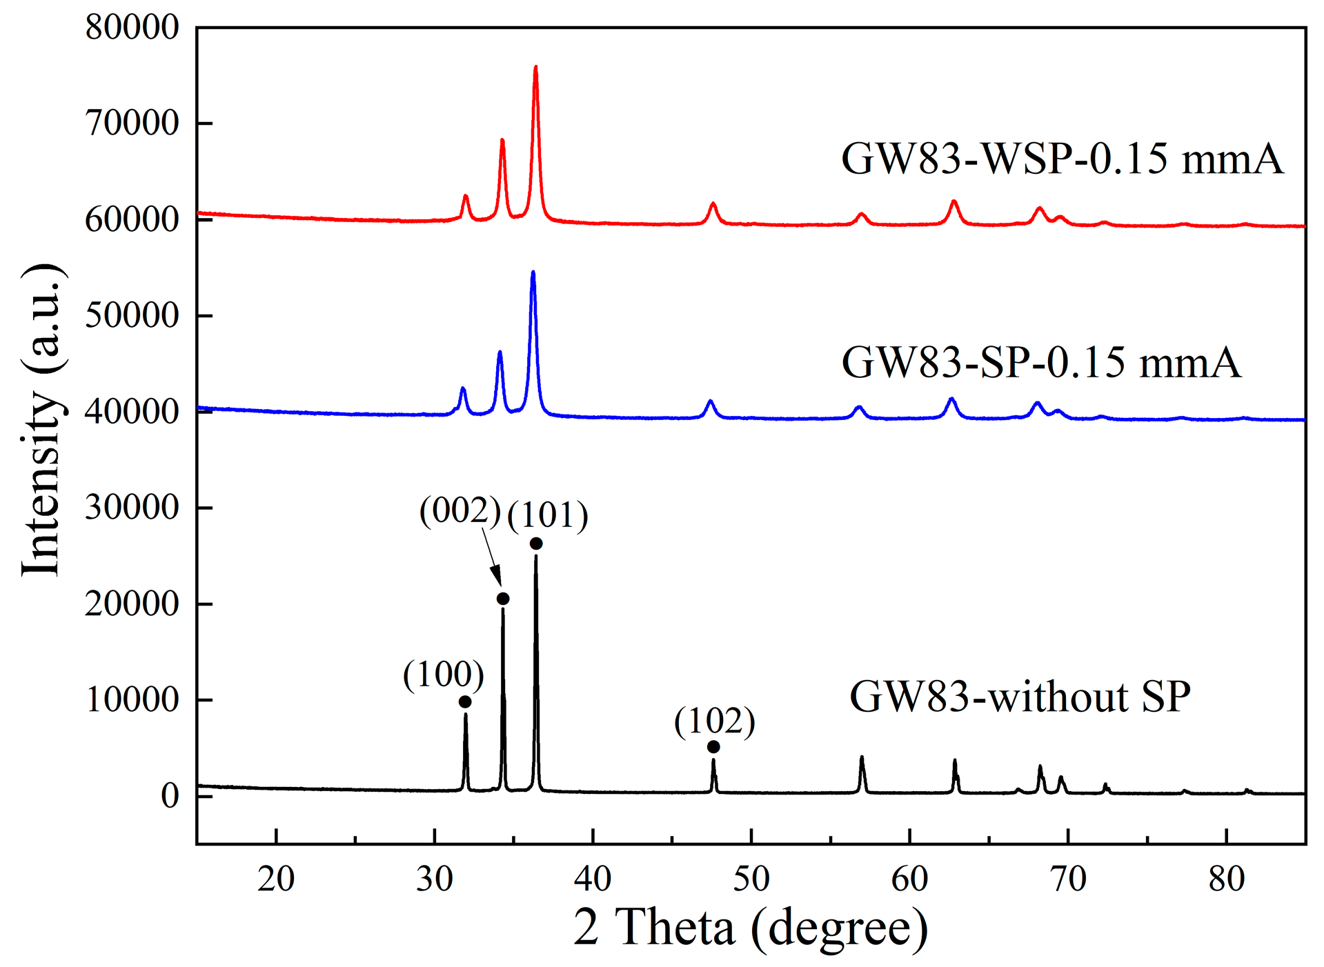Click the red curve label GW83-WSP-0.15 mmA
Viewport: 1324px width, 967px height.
[x=1062, y=159]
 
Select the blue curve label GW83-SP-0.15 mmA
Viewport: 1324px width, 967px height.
[x=1040, y=363]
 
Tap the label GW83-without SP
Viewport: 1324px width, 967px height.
[x=1020, y=697]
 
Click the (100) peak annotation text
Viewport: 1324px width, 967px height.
[x=444, y=675]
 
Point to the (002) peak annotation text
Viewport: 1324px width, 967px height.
[x=460, y=511]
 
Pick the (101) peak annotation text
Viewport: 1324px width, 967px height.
[x=548, y=515]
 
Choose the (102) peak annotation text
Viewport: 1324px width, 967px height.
[x=715, y=721]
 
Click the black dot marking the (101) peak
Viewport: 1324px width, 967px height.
[x=536, y=544]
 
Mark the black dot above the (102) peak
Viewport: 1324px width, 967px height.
[x=713, y=747]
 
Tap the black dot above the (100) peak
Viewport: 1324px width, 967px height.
[x=465, y=701]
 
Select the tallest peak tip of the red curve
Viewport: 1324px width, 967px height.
[x=535, y=67]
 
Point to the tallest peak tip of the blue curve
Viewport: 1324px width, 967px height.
[x=533, y=272]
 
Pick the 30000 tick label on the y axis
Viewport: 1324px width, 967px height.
[x=132, y=508]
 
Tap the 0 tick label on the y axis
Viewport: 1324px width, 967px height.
[x=170, y=796]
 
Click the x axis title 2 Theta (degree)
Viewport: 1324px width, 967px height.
[x=751, y=928]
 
